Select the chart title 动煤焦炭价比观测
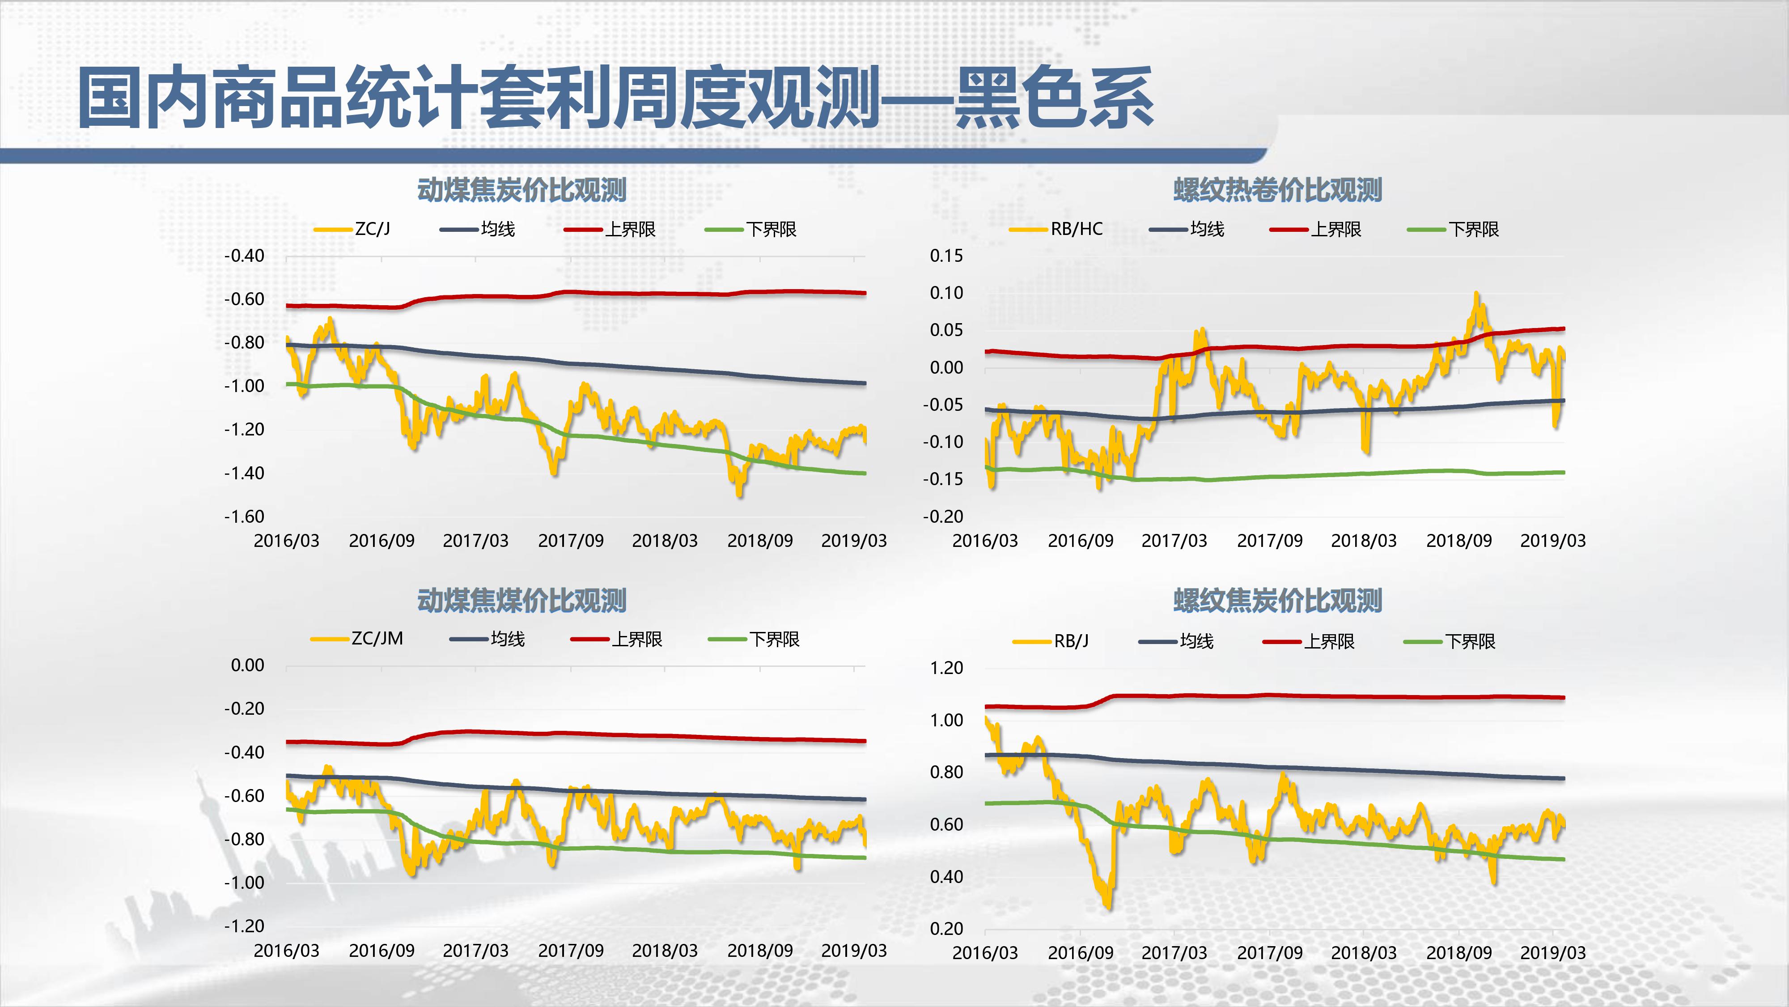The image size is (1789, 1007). (521, 190)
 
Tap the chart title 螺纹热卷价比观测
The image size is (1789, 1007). (1277, 190)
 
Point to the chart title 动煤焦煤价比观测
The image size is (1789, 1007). (521, 601)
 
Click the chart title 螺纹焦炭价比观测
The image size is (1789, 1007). (1277, 601)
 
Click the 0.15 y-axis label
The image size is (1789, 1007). (946, 256)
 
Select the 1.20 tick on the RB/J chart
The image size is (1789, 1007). (946, 668)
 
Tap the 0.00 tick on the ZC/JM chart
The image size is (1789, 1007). (247, 665)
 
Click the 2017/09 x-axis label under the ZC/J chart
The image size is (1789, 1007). (570, 541)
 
